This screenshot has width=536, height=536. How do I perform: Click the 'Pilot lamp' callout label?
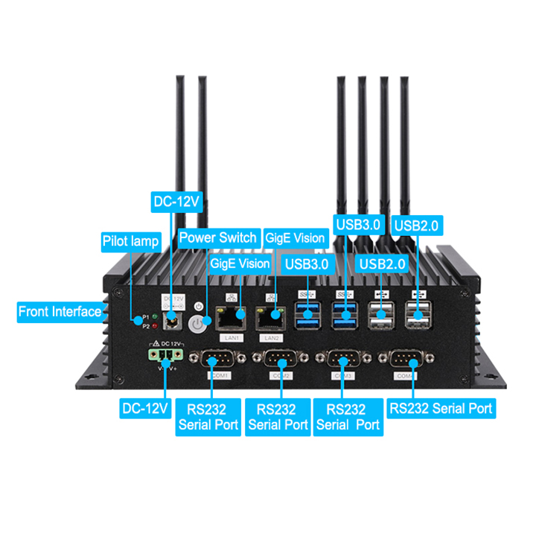[x=131, y=241]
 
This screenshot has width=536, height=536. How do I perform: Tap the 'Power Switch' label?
[x=217, y=238]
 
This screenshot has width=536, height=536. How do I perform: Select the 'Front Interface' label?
[x=60, y=312]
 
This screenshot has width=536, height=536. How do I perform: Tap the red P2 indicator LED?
[x=154, y=325]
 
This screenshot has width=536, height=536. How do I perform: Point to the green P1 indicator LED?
[x=154, y=317]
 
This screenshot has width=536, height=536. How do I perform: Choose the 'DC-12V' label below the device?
[x=145, y=408]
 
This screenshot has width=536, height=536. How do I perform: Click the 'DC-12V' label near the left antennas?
[x=177, y=201]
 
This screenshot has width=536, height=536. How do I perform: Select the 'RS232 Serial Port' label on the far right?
[x=441, y=408]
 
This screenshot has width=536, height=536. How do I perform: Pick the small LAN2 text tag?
[x=271, y=337]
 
